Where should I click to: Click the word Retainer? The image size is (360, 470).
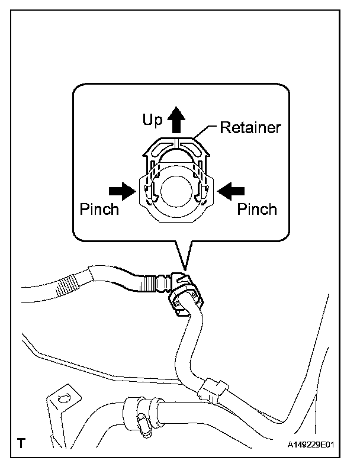pyautogui.click(x=250, y=127)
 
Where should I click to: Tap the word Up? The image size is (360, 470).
pyautogui.click(x=152, y=120)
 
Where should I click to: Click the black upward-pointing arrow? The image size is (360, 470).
pyautogui.click(x=176, y=120)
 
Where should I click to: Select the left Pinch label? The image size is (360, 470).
pyautogui.click(x=99, y=209)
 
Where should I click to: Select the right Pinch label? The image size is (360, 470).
pyautogui.click(x=257, y=209)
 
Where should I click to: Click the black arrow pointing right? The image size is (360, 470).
pyautogui.click(x=123, y=191)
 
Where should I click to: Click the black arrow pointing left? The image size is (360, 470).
pyautogui.click(x=231, y=191)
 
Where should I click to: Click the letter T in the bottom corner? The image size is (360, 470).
pyautogui.click(x=21, y=443)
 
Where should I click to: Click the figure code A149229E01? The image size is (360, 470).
pyautogui.click(x=311, y=444)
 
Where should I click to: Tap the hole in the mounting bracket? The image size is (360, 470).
pyautogui.click(x=63, y=398)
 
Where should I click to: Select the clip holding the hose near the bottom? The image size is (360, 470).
pyautogui.click(x=212, y=391)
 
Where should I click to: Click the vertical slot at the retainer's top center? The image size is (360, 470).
pyautogui.click(x=176, y=143)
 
